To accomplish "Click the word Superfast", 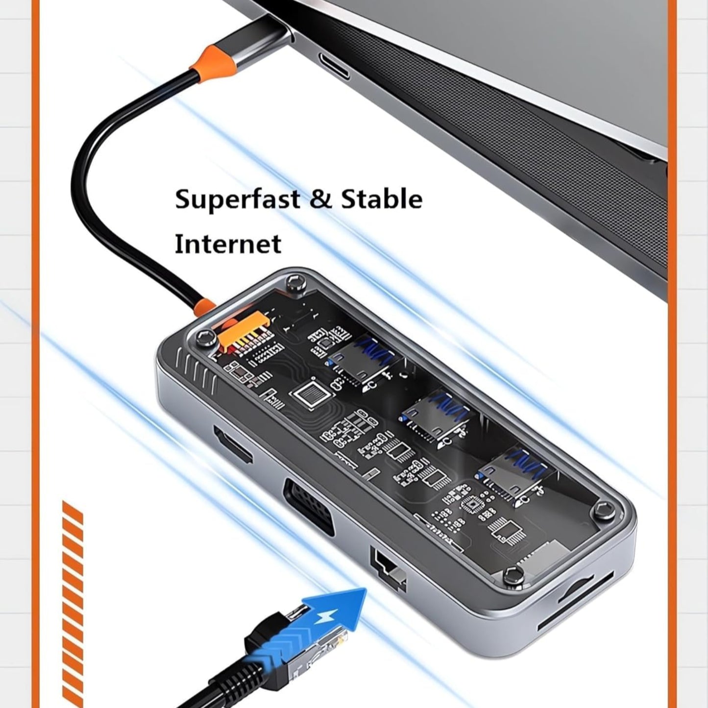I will pos(238,200).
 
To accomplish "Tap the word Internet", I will pos(228,244).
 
